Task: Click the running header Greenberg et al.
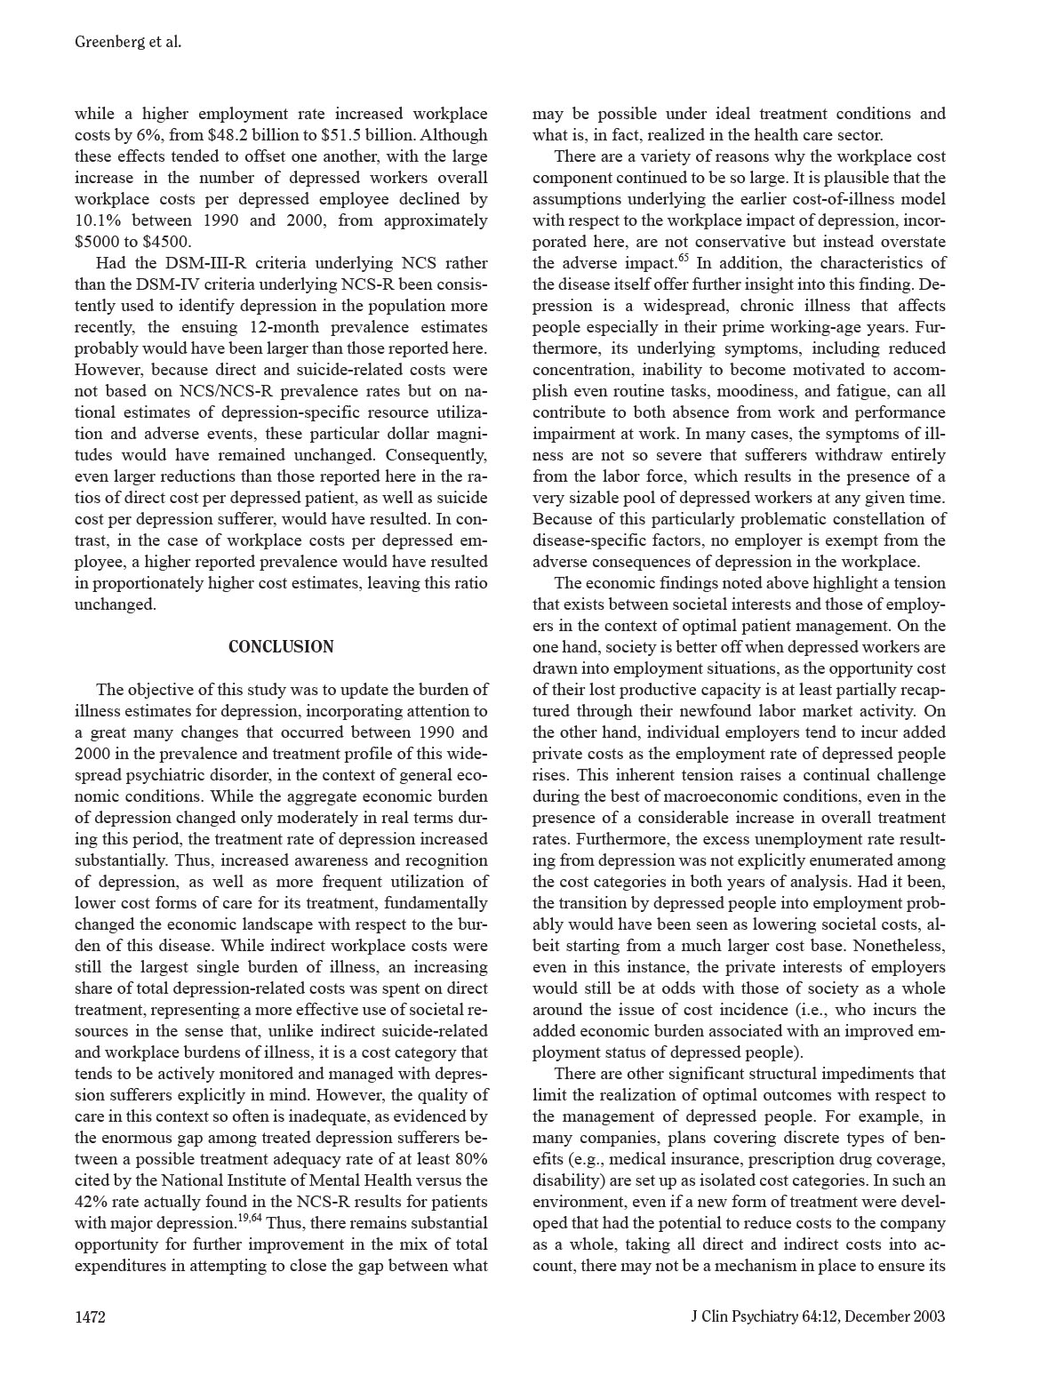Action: pos(128,42)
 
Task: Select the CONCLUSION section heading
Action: pos(281,647)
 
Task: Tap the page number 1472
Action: pos(90,1316)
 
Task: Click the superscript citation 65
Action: pos(683,259)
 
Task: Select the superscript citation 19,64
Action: pos(250,1218)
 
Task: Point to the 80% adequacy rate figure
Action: pos(468,1159)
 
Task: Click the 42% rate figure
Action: pos(91,1202)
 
